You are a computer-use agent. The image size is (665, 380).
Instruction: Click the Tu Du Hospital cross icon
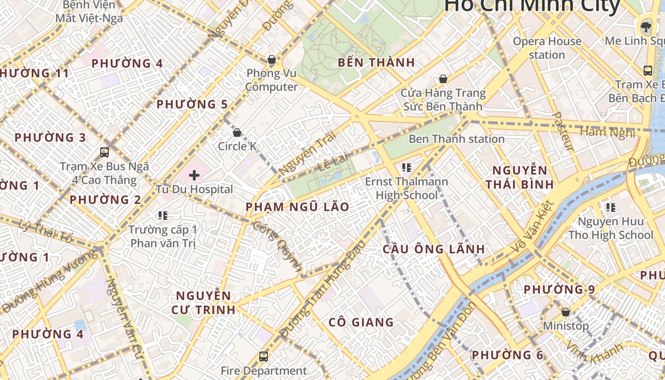click(194, 175)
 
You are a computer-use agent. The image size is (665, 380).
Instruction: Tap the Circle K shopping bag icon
click(237, 133)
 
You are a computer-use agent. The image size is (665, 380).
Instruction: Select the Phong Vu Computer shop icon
click(272, 59)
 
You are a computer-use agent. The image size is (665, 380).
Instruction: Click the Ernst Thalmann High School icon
click(406, 167)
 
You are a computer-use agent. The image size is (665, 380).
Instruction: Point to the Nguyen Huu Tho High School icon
click(611, 207)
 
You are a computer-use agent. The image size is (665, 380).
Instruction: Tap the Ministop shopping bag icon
click(565, 312)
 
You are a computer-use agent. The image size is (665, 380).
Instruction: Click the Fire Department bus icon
click(264, 356)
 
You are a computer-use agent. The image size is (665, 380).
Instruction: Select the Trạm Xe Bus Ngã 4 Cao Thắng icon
click(104, 152)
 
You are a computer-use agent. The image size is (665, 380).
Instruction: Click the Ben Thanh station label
click(456, 139)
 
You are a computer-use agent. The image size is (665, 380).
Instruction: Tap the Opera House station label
click(547, 48)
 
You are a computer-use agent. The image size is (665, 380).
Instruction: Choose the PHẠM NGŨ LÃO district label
click(297, 207)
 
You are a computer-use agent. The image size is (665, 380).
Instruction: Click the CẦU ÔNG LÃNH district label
click(434, 249)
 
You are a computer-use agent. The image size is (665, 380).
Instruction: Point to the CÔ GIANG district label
click(361, 323)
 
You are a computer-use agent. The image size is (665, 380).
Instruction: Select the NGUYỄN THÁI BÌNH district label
click(520, 177)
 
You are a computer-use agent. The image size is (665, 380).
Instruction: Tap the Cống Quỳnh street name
click(278, 247)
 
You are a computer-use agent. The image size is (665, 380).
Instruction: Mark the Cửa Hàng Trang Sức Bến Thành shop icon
click(443, 79)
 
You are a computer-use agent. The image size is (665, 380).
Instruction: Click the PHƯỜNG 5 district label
click(192, 104)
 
